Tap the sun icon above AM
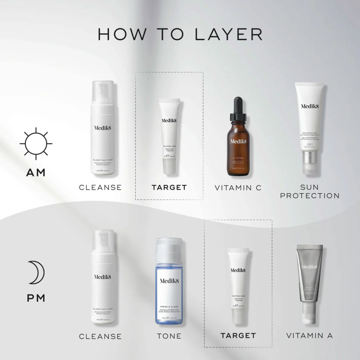pos(36,144)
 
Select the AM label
pos(36,173)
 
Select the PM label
pos(36,298)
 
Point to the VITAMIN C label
pos(238,188)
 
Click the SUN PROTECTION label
pos(310,191)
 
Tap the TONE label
pos(169,336)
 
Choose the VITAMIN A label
pos(310,336)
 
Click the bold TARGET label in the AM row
pos(169,188)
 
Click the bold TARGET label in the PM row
pos(238,336)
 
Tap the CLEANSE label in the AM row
pos(100,188)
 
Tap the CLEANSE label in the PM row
pos(100,336)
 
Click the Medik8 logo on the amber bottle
pos(238,141)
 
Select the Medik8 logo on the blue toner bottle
pos(169,281)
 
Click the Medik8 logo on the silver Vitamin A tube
pos(309,267)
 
